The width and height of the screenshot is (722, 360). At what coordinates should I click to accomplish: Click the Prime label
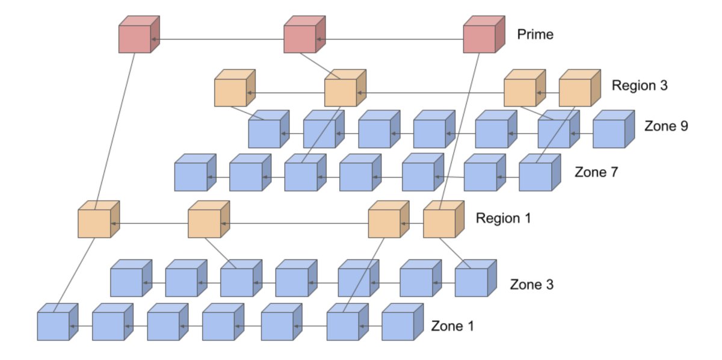click(535, 35)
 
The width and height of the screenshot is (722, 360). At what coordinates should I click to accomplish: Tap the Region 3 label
click(640, 85)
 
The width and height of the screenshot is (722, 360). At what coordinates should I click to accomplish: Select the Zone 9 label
click(665, 126)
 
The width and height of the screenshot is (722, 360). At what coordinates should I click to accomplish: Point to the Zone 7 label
click(596, 172)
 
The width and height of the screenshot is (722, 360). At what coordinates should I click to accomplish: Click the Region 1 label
click(503, 218)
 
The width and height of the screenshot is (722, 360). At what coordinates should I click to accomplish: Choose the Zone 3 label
click(532, 284)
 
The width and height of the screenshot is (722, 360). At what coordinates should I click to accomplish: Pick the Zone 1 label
click(452, 326)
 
